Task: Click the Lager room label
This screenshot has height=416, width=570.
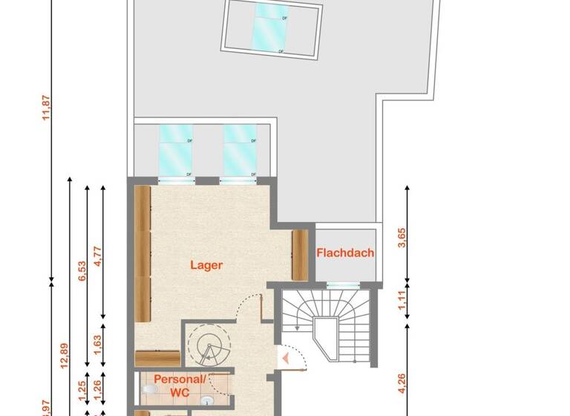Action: (x=206, y=264)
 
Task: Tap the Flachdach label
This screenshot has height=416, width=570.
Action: (x=345, y=253)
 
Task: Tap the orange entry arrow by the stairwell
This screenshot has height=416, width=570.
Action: (x=285, y=360)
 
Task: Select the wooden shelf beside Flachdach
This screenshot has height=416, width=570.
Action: (x=300, y=255)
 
